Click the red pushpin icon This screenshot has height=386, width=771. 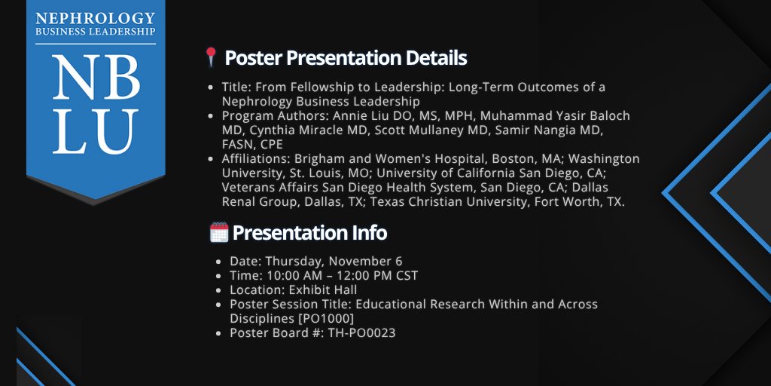coord(212,57)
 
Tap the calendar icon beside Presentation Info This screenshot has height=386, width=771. coord(218,233)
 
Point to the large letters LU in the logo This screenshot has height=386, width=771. coord(95,132)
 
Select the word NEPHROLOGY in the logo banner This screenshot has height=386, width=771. coord(95,17)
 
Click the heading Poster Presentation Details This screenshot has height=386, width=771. coord(346,58)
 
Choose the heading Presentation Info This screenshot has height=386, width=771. coord(309,233)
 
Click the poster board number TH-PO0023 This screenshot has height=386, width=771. coord(361,332)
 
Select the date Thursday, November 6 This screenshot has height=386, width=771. coord(334,262)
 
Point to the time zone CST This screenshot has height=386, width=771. coord(406,276)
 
